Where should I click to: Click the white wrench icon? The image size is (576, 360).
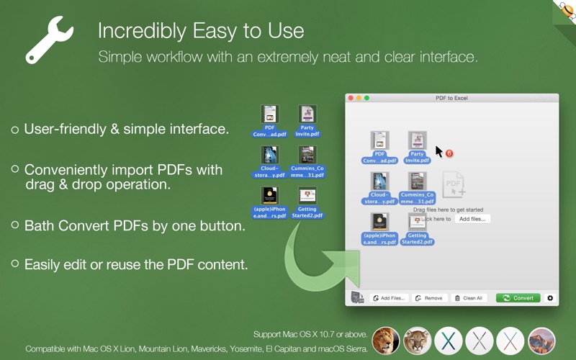click(49, 39)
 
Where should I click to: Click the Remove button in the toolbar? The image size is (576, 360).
click(429, 298)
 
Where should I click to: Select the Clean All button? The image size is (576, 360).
click(469, 298)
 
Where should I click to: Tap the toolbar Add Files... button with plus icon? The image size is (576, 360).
click(389, 298)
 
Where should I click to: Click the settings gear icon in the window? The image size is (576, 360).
click(551, 298)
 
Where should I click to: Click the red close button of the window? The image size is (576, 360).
click(351, 98)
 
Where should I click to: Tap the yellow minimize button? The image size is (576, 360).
click(359, 98)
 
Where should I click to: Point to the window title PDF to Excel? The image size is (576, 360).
click(451, 98)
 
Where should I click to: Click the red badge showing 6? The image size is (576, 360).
click(449, 153)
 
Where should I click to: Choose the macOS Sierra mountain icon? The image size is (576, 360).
click(542, 340)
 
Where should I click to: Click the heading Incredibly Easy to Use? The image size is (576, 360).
click(200, 31)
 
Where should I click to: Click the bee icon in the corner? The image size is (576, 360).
click(565, 11)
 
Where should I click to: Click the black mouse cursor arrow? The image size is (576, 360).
click(438, 151)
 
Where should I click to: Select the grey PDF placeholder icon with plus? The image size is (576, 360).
click(454, 185)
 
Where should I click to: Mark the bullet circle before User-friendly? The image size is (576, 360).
click(15, 130)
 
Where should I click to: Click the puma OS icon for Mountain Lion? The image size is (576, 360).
click(417, 340)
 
